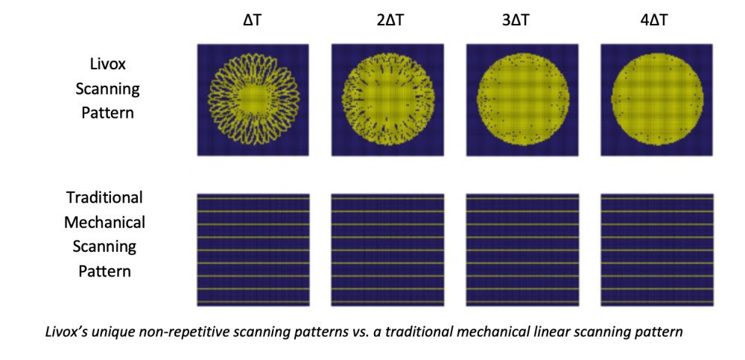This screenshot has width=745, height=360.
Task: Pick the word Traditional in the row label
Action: pos(104,198)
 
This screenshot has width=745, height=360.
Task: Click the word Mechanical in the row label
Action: pos(104,221)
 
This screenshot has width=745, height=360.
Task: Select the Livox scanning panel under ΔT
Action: pos(253,99)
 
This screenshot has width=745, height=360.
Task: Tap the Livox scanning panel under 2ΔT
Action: pos(387,99)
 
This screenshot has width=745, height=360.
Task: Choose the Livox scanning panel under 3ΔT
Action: pos(522,99)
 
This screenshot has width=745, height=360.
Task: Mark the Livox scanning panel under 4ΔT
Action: pos(656,99)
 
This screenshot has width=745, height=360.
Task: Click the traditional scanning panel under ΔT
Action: pos(253,250)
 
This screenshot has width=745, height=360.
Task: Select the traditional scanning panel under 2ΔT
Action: pos(387,250)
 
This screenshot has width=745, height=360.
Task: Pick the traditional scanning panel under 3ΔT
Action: pos(522,250)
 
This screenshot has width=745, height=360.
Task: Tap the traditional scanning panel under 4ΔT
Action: pos(656,250)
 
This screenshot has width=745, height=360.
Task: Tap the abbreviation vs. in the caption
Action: pos(353,331)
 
